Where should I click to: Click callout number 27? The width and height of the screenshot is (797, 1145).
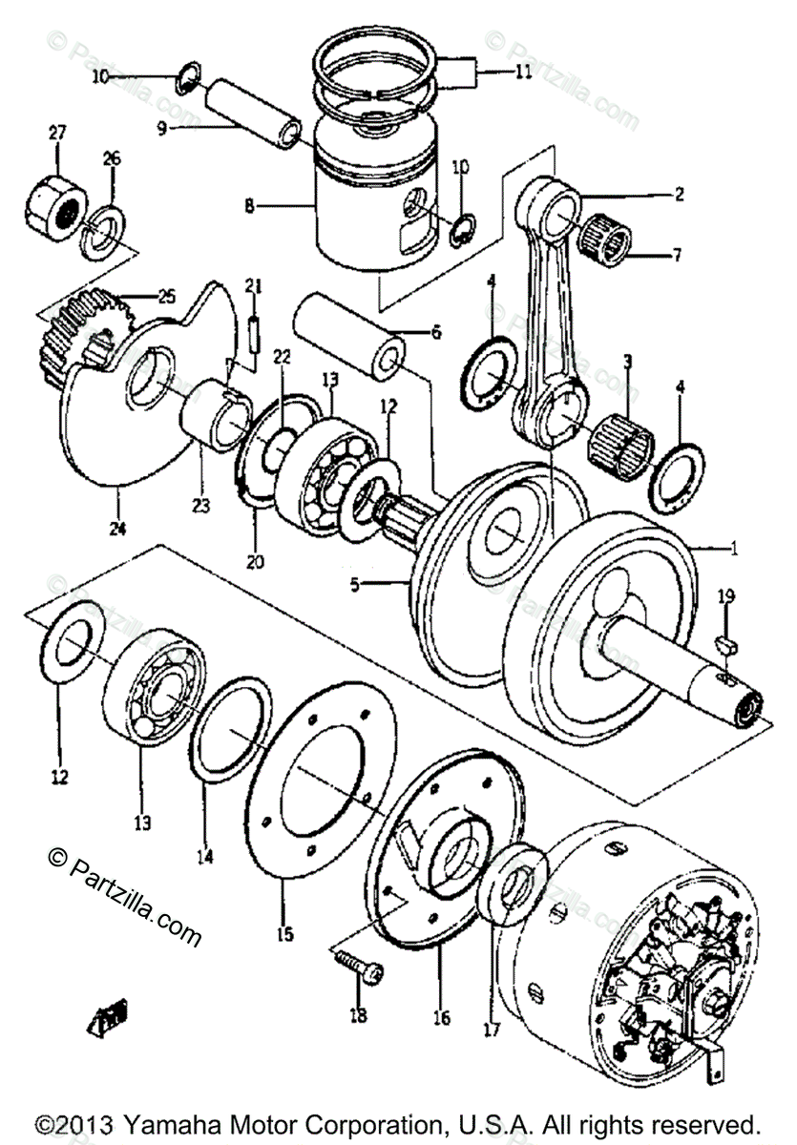point(57,132)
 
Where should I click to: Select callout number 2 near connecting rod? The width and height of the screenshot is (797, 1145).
point(679,195)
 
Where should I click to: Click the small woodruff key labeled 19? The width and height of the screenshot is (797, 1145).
point(725,643)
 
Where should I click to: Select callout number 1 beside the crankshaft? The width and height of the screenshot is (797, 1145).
point(734,550)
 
